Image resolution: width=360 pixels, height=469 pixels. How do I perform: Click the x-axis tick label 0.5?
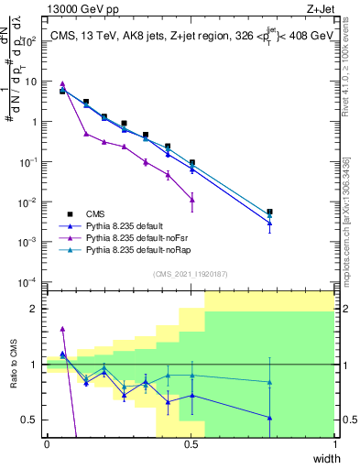coord(191,444)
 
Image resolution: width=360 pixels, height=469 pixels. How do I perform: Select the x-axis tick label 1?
coord(334,444)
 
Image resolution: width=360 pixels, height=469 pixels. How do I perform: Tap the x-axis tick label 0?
coord(47,444)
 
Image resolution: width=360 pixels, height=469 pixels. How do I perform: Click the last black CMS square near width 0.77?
coord(269,212)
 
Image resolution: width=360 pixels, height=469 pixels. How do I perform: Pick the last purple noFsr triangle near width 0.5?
coord(191,200)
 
